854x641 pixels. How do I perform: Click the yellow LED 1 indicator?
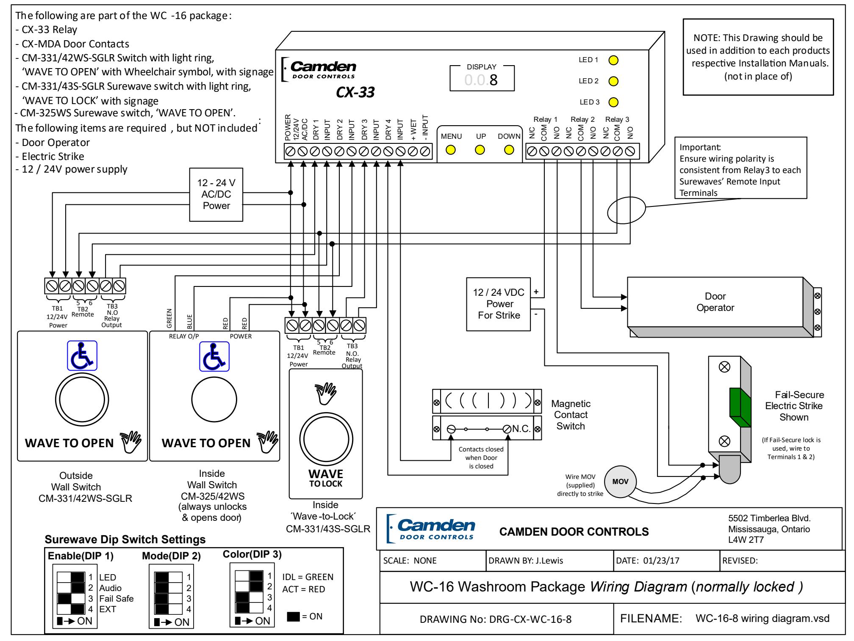tap(613, 60)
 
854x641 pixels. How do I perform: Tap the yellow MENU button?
tap(451, 150)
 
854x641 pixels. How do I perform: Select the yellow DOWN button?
tap(509, 150)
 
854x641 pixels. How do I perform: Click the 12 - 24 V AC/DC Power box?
tap(216, 195)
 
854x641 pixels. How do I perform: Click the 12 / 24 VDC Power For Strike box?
tap(499, 304)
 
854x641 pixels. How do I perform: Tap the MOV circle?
tap(620, 482)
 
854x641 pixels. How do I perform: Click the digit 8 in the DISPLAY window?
tap(494, 80)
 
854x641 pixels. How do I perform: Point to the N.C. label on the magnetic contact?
tap(521, 429)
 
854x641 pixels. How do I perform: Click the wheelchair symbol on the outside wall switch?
tap(83, 356)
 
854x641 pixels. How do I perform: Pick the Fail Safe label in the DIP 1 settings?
tap(116, 599)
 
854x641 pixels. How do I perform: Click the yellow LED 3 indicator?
tap(613, 102)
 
